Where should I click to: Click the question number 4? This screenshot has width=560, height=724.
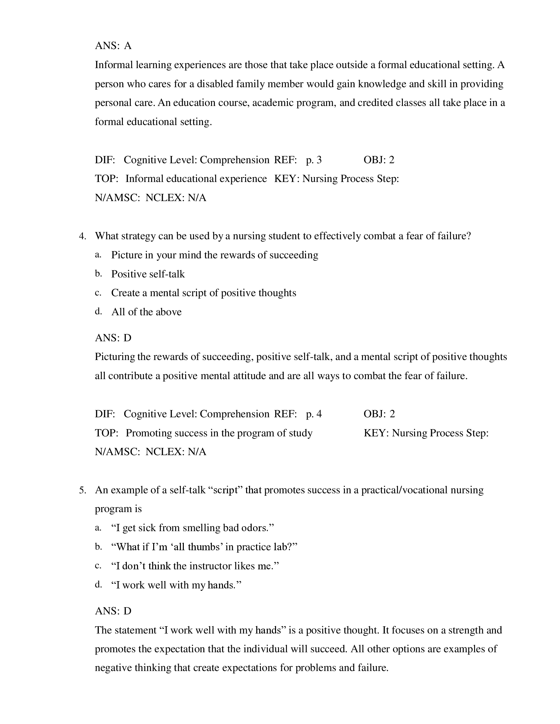(x=82, y=236)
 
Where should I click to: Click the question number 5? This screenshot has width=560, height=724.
(x=82, y=490)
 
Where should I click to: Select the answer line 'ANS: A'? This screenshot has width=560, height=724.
(x=113, y=46)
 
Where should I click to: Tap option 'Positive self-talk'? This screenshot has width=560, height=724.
(x=148, y=274)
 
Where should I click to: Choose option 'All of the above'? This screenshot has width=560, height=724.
(x=146, y=312)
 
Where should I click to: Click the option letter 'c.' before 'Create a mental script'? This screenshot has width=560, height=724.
(x=98, y=293)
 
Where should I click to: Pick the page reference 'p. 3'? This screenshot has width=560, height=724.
(x=314, y=160)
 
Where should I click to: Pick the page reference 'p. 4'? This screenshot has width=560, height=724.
(x=314, y=414)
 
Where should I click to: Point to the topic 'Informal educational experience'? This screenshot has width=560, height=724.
(x=196, y=179)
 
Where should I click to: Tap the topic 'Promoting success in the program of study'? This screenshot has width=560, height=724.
(x=219, y=433)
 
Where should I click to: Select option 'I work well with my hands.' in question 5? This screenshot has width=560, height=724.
(x=176, y=585)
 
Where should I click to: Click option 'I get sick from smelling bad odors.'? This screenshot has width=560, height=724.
(x=193, y=528)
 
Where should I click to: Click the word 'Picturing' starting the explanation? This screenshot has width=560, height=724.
(x=115, y=357)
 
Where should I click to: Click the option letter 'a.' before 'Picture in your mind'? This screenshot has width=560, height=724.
(x=98, y=255)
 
